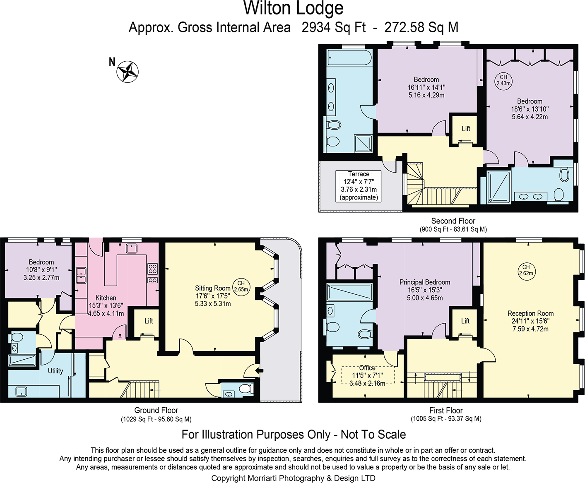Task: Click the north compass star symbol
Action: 127,72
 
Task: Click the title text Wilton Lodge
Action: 293,8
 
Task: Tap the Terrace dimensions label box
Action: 359,186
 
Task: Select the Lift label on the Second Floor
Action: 466,129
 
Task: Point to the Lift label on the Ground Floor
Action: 149,321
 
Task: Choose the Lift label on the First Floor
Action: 465,321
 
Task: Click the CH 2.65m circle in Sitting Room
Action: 241,286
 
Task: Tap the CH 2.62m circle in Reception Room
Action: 526,270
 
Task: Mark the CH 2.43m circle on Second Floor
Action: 503,80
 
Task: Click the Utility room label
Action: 55,371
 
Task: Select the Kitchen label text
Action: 106,298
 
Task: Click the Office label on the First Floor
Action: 367,368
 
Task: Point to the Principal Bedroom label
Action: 425,282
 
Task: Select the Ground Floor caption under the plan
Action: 156,410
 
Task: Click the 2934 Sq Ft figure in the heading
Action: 334,27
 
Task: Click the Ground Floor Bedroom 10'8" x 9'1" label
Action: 41,270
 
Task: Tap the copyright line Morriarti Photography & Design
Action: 293,478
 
